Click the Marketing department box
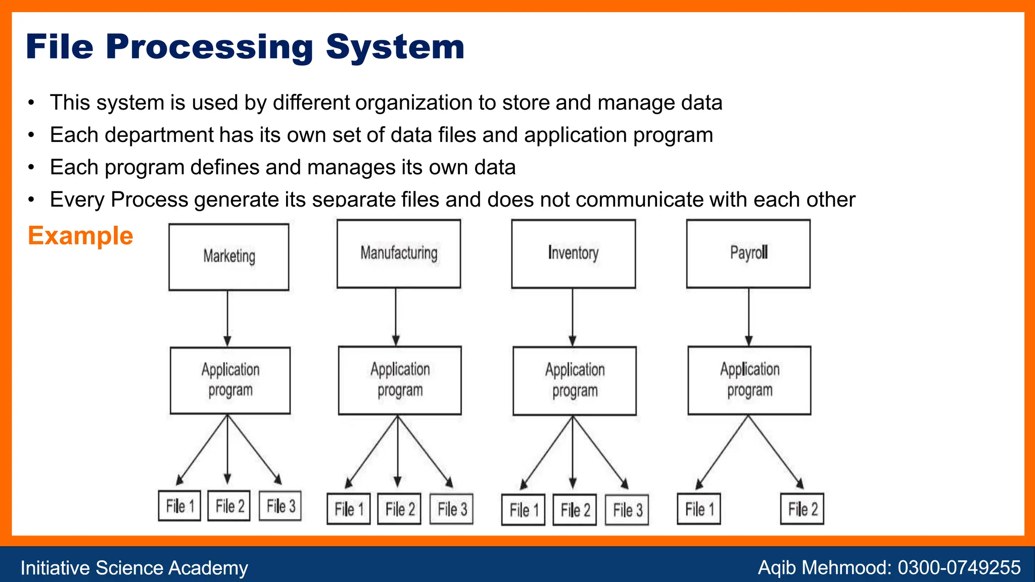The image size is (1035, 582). click(229, 257)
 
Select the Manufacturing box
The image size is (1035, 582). click(399, 254)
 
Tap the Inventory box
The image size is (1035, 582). click(573, 254)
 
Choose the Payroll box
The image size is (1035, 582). click(748, 254)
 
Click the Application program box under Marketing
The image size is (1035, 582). click(230, 380)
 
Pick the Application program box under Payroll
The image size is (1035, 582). click(749, 380)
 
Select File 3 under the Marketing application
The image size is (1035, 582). click(280, 506)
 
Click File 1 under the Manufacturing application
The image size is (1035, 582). click(348, 509)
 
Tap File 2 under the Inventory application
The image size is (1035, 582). click(575, 510)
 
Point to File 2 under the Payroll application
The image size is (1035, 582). click(802, 509)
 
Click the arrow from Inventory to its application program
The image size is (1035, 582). click(573, 317)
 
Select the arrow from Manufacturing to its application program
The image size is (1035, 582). click(396, 317)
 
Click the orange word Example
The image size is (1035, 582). click(80, 236)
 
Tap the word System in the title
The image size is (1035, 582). click(395, 47)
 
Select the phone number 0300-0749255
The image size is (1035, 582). click(959, 567)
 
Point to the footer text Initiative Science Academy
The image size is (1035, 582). click(134, 568)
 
